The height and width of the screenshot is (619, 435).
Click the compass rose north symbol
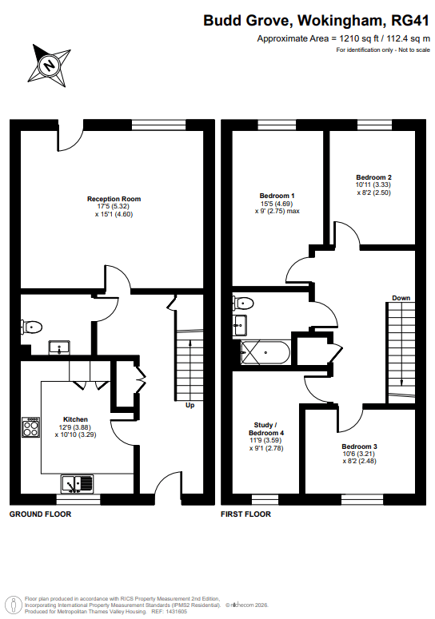(50, 65)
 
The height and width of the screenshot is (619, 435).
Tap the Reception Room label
(114, 199)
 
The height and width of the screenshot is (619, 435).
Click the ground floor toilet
(32, 327)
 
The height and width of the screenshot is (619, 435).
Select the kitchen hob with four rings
(31, 427)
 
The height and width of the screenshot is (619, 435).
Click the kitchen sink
(78, 484)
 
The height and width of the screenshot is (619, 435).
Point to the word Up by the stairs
(190, 406)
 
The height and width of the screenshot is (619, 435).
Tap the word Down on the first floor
(401, 298)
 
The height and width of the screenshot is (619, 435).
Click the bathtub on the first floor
(265, 352)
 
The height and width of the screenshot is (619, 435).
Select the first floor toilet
(243, 304)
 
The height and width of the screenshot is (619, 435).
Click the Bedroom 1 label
(277, 196)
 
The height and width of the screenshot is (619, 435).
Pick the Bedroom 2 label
(373, 177)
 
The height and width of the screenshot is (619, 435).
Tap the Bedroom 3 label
(360, 446)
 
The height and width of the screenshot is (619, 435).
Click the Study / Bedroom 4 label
(266, 429)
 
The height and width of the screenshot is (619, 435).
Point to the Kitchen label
(75, 419)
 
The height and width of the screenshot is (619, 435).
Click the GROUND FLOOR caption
(40, 514)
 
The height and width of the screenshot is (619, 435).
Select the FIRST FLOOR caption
(245, 514)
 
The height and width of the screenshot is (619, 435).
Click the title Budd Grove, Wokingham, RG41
(316, 21)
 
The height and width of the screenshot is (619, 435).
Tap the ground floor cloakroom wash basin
(59, 347)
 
